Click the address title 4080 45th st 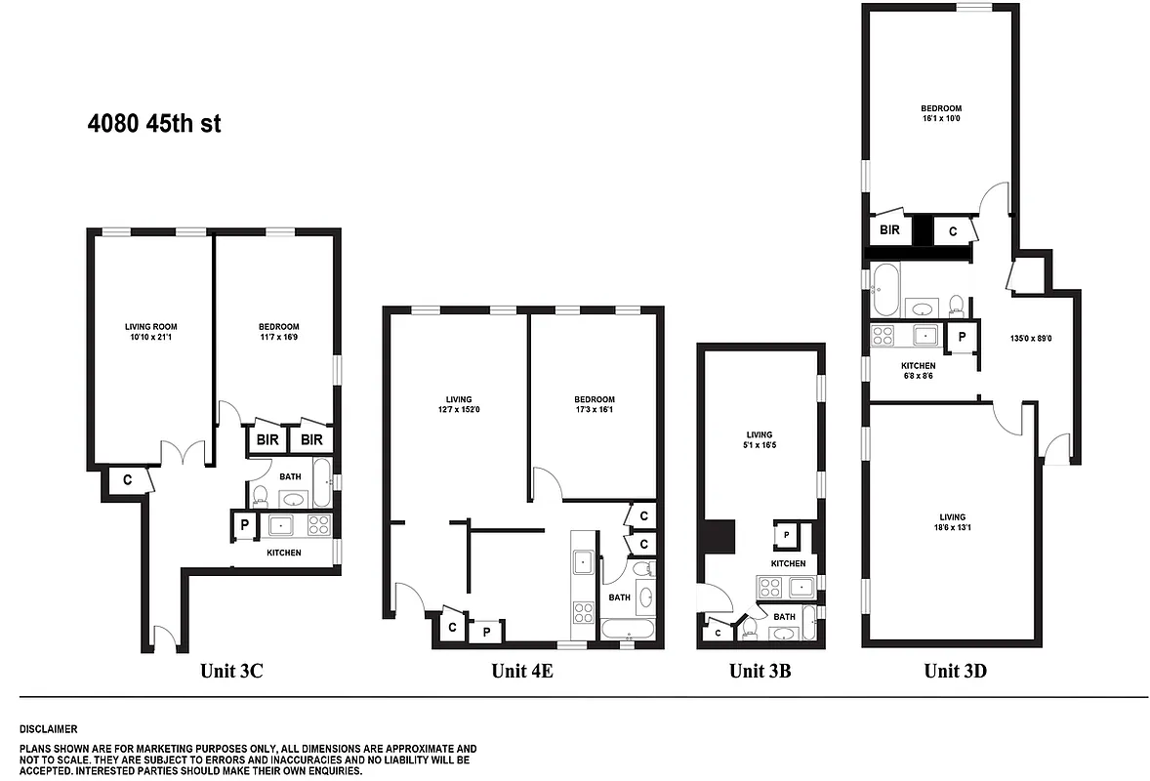coord(154,125)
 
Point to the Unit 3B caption coord(760,671)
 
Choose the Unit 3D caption coord(955,671)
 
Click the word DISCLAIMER coord(48,729)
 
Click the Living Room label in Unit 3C coord(150,326)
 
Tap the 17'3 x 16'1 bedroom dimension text coord(594,410)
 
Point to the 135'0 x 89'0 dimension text coord(1030,339)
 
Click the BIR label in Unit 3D coord(888,230)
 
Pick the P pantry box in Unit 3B coord(786,535)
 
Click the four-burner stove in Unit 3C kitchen coord(318,525)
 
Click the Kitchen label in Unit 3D coord(918,365)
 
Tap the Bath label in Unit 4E coord(619,597)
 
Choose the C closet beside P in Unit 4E coord(452,627)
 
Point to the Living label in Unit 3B coord(759,434)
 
